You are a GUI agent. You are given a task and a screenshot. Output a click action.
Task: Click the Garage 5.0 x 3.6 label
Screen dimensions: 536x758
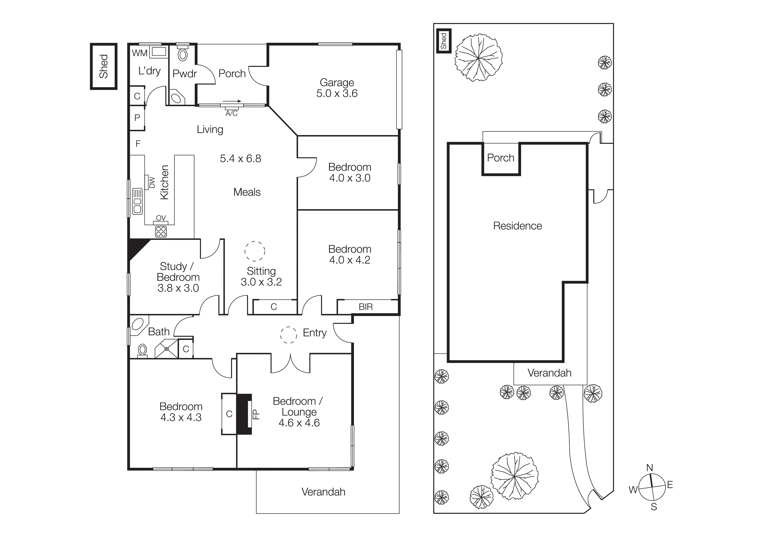336,88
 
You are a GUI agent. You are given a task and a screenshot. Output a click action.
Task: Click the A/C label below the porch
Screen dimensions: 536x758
231,113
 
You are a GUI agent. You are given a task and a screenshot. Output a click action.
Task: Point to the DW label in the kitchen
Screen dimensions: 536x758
152,182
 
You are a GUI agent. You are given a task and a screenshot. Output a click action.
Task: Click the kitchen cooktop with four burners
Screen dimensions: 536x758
161,232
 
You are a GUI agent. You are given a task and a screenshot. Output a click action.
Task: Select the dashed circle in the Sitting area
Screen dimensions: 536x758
255,251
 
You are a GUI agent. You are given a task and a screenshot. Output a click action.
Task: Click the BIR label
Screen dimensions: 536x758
365,307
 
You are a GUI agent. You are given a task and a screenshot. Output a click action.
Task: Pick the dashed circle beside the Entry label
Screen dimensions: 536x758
288,335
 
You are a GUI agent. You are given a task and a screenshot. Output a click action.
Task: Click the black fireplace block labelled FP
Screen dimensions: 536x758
244,414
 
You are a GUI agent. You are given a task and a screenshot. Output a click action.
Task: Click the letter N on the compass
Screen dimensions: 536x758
649,468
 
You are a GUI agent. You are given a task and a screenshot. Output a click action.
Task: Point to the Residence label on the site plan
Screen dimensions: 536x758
517,226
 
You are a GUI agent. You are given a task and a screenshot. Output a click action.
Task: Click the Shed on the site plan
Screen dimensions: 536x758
443,41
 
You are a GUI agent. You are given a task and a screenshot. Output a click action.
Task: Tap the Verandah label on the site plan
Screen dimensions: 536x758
549,373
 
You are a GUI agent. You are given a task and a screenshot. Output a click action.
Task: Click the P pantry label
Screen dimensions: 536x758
137,118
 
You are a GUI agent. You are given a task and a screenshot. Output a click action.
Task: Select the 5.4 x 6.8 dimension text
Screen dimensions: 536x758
240,158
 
